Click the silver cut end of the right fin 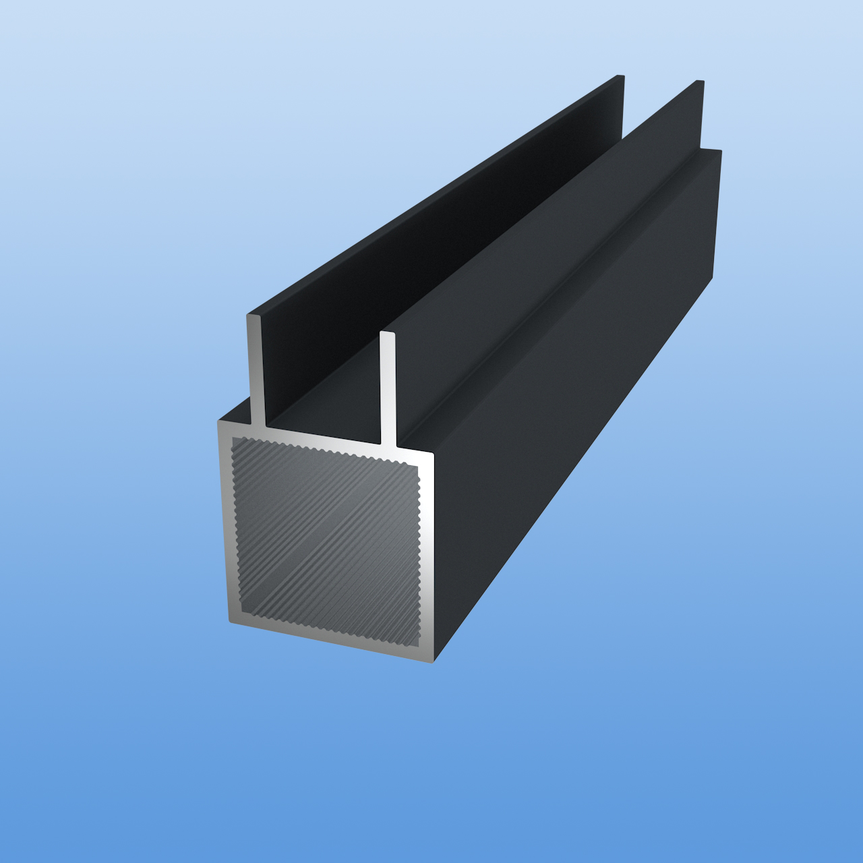pyautogui.click(x=388, y=388)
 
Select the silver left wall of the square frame pyautogui.click(x=225, y=526)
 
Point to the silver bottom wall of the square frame pyautogui.click(x=330, y=641)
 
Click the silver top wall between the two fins pyautogui.click(x=324, y=438)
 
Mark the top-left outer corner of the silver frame pyautogui.click(x=218, y=422)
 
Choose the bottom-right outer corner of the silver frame pyautogui.click(x=432, y=661)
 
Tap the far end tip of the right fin pyautogui.click(x=701, y=82)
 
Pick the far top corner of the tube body pyautogui.click(x=720, y=151)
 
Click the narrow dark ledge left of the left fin pyautogui.click(x=236, y=411)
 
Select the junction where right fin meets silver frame pyautogui.click(x=388, y=446)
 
